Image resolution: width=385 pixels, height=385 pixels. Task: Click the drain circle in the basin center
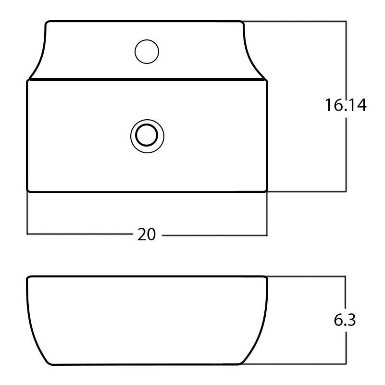point(147,135)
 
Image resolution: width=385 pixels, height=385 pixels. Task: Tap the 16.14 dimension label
point(345,105)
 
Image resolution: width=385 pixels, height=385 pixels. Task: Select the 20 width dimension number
point(147,235)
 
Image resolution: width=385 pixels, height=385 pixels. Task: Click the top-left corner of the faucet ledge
point(47,22)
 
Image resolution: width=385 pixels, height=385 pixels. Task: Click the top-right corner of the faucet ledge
point(243,22)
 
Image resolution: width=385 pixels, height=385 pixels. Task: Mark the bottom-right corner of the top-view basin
point(266,191)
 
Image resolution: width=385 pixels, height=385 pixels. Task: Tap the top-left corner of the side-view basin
point(28,277)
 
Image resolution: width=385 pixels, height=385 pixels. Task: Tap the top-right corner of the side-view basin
point(266,277)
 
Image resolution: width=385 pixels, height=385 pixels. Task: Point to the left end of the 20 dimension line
point(27,235)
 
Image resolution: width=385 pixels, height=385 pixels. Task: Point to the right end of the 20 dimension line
point(267,235)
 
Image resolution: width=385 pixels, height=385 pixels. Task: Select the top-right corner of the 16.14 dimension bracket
point(346,21)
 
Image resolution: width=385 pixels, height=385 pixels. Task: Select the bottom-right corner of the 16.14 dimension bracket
point(346,191)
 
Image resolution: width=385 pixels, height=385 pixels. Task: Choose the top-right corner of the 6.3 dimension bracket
point(345,276)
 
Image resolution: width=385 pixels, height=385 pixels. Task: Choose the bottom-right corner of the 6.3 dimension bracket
point(345,364)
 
